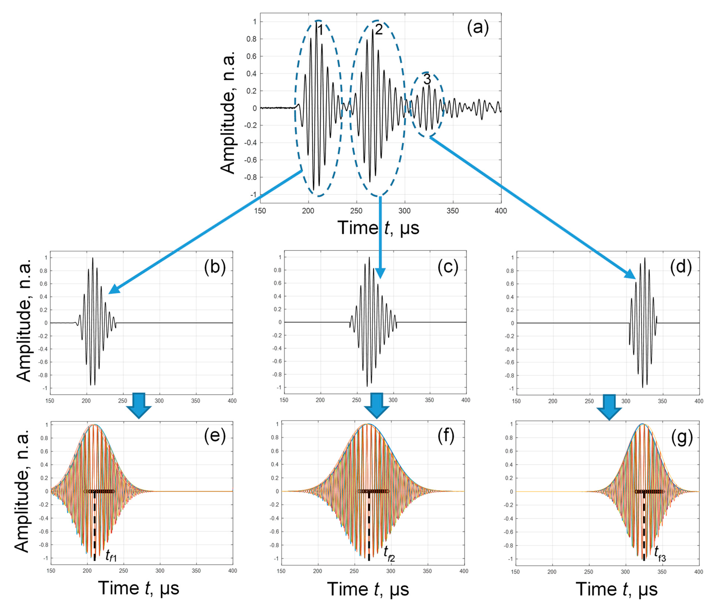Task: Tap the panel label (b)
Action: tap(215, 267)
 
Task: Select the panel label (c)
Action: tap(448, 267)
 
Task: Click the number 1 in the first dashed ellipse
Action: tap(319, 31)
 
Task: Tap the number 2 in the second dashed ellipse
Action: tap(379, 30)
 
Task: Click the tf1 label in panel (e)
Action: tap(111, 555)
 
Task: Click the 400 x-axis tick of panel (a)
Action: tap(501, 211)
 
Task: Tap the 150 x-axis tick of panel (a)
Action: tap(260, 211)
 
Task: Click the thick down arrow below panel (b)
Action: tap(139, 405)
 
